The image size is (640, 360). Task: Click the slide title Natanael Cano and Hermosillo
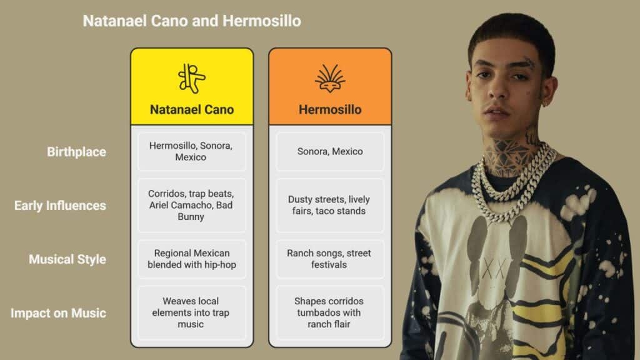[x=192, y=21]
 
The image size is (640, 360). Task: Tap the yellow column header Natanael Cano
[x=192, y=109]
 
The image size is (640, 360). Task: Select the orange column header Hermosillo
[x=330, y=109]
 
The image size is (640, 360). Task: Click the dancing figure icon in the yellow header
[x=191, y=78]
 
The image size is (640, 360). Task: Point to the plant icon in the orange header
[x=330, y=78]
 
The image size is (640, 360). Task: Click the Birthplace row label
[x=76, y=152]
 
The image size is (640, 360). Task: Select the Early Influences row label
[x=60, y=205]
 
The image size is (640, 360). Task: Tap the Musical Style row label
[x=67, y=259]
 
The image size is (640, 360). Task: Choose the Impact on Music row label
[x=58, y=313]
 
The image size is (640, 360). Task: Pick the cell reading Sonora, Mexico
[x=330, y=151]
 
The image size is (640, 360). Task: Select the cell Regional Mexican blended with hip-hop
[x=192, y=259]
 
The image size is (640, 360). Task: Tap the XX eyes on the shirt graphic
[x=494, y=269]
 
